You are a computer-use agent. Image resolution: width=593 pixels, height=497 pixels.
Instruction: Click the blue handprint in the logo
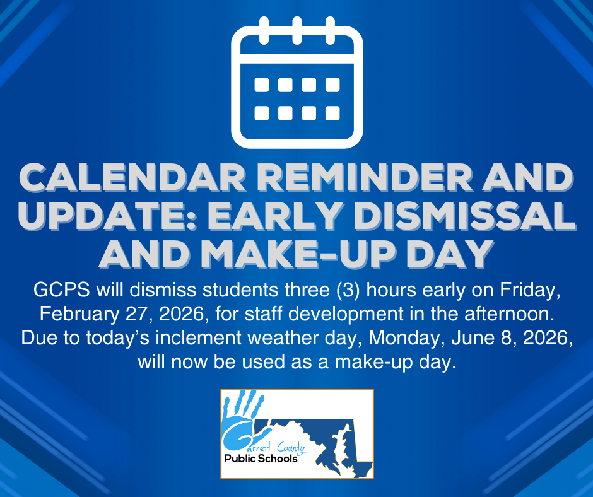coord(243,416)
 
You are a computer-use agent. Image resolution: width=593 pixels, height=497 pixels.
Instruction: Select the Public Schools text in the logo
coord(261,459)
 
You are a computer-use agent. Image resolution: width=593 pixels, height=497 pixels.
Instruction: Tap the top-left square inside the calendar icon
coord(261,85)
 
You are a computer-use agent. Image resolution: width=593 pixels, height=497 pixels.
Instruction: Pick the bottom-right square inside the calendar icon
coord(332,113)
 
